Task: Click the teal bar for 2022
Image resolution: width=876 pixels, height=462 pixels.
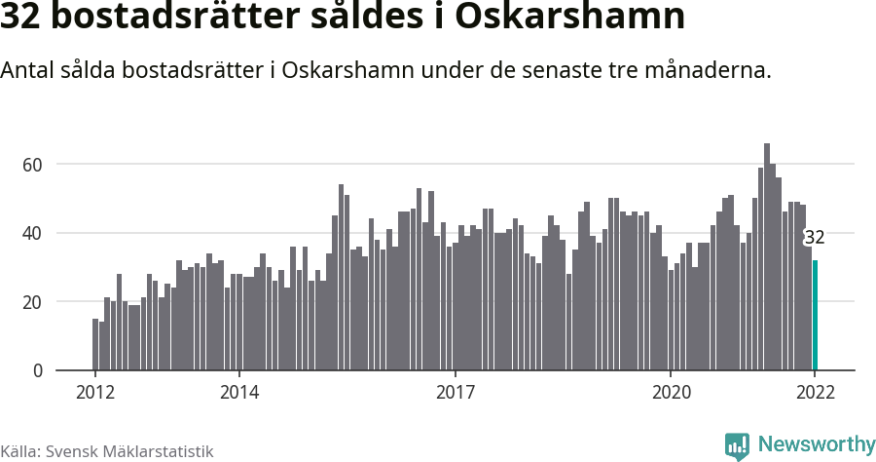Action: pyautogui.click(x=815, y=315)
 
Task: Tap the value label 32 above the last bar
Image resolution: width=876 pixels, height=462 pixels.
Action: pyautogui.click(x=815, y=238)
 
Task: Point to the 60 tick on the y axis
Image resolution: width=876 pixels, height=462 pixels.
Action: pyautogui.click(x=33, y=165)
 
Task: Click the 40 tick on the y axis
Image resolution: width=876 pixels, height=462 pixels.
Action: pyautogui.click(x=33, y=233)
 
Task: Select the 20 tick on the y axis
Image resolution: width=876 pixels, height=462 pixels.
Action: pyautogui.click(x=33, y=302)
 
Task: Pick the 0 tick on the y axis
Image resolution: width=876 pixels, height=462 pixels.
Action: pyautogui.click(x=38, y=370)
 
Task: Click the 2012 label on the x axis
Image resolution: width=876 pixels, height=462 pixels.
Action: pyautogui.click(x=94, y=392)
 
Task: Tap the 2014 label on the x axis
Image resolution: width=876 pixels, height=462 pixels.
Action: pyautogui.click(x=238, y=392)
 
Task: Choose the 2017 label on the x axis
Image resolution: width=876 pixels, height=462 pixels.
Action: pyautogui.click(x=455, y=392)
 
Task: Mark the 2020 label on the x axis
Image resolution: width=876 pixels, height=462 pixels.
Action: pyautogui.click(x=671, y=392)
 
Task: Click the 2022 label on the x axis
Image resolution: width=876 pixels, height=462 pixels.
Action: pyautogui.click(x=815, y=392)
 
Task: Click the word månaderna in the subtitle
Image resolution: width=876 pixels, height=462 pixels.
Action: pyautogui.click(x=712, y=71)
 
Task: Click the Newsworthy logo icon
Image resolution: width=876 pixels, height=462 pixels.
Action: pyautogui.click(x=737, y=445)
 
